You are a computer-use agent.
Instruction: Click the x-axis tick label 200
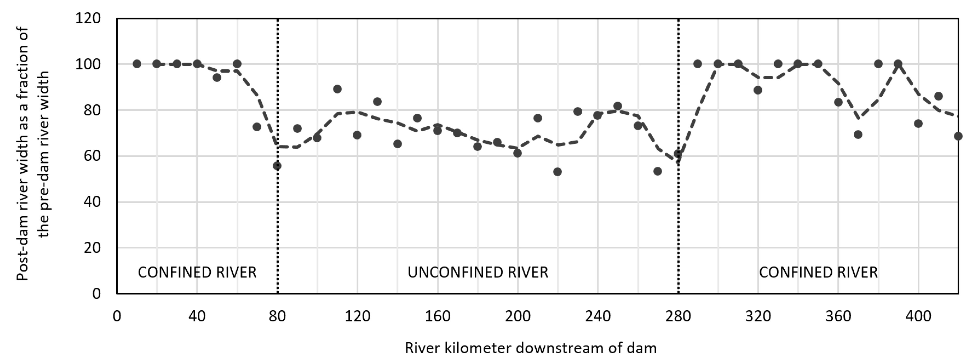pyautogui.click(x=518, y=316)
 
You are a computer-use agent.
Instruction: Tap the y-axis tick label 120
pyautogui.click(x=88, y=18)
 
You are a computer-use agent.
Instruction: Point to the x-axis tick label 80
pyautogui.click(x=277, y=316)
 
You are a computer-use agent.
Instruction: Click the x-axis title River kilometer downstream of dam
pyautogui.click(x=530, y=348)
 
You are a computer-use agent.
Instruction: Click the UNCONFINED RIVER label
pyautogui.click(x=477, y=272)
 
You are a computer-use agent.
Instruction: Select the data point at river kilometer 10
pyautogui.click(x=137, y=64)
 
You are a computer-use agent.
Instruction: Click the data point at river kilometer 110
pyautogui.click(x=337, y=89)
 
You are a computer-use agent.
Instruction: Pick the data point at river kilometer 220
pyautogui.click(x=558, y=172)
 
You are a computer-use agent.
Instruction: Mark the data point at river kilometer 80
pyautogui.click(x=277, y=166)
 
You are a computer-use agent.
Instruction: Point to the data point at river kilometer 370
pyautogui.click(x=858, y=135)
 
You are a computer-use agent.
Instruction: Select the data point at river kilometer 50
pyautogui.click(x=217, y=77)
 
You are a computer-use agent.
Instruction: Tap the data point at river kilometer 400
pyautogui.click(x=918, y=124)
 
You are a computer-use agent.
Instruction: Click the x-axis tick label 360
pyautogui.click(x=838, y=316)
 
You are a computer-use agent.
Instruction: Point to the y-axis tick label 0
pyautogui.click(x=96, y=294)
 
